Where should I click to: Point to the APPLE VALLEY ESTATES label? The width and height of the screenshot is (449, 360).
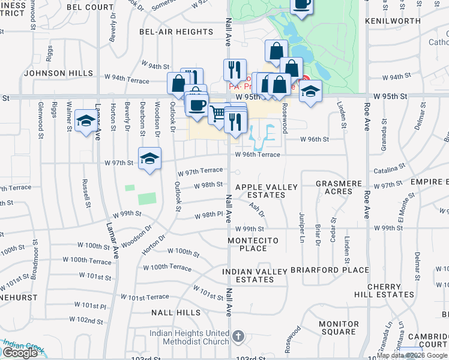(x=267, y=191)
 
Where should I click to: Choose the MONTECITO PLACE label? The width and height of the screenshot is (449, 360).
(x=255, y=244)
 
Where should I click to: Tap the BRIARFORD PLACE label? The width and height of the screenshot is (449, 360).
(x=330, y=270)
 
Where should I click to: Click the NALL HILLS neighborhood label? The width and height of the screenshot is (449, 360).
(x=176, y=313)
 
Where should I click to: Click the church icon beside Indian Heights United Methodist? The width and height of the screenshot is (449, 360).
(x=238, y=336)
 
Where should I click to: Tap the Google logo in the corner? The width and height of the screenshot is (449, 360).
(x=20, y=353)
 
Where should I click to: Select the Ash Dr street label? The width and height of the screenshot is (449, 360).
(x=257, y=209)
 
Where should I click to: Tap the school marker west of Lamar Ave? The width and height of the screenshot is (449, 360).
(x=86, y=121)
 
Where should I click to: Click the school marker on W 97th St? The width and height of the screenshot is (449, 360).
(x=149, y=158)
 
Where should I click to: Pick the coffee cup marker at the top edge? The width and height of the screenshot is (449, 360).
(x=302, y=5)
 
